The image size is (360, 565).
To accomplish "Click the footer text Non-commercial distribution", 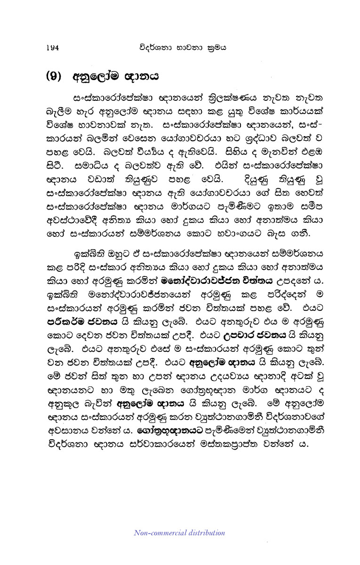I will coord(179,533).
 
